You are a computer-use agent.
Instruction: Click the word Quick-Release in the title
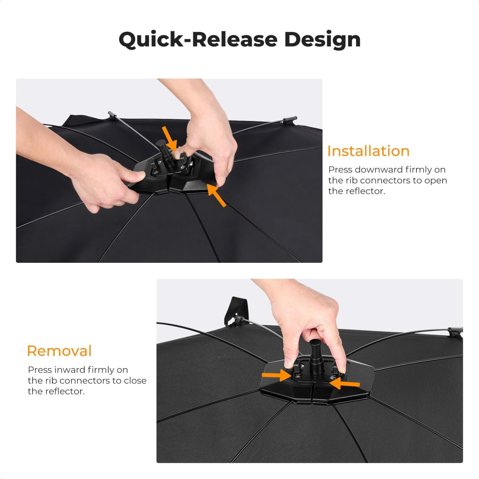[x=198, y=39]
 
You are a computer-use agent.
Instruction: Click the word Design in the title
[x=322, y=40]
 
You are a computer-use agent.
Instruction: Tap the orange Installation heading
[x=368, y=151]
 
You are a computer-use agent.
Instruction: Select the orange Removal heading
[x=60, y=351]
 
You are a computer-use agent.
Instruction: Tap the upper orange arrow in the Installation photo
[x=169, y=138]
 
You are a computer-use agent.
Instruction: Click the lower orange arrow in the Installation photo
[x=216, y=195]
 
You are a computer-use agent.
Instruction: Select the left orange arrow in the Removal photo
[x=276, y=375]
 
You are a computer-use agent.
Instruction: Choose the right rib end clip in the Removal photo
[x=455, y=332]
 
